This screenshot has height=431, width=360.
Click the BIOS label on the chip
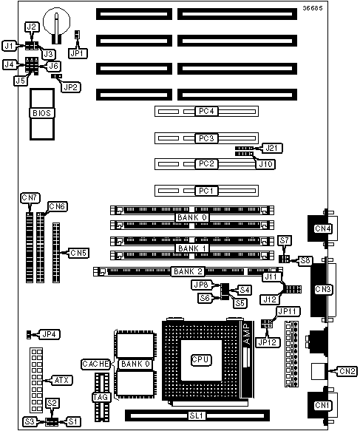click(x=42, y=113)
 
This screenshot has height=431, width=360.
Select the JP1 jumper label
click(x=78, y=53)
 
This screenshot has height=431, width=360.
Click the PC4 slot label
click(x=206, y=111)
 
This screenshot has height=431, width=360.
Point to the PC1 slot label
click(x=206, y=191)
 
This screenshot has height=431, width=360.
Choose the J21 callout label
click(x=272, y=148)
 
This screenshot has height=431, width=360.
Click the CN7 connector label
click(x=30, y=197)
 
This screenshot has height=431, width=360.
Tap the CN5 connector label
click(x=78, y=253)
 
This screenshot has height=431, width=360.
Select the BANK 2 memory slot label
click(x=189, y=271)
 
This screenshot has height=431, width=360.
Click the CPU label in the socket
click(x=201, y=359)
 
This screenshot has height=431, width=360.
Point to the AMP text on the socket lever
click(x=247, y=333)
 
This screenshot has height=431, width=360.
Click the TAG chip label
click(x=101, y=397)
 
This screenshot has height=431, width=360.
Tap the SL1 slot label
click(x=197, y=415)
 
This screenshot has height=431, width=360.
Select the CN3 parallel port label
click(x=323, y=289)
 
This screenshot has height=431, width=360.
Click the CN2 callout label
click(x=347, y=371)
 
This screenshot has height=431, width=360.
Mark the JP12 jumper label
click(x=268, y=342)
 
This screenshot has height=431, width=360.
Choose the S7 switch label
click(x=285, y=240)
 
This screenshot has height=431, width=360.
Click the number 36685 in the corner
click(x=313, y=8)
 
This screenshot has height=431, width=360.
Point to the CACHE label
click(x=95, y=364)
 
